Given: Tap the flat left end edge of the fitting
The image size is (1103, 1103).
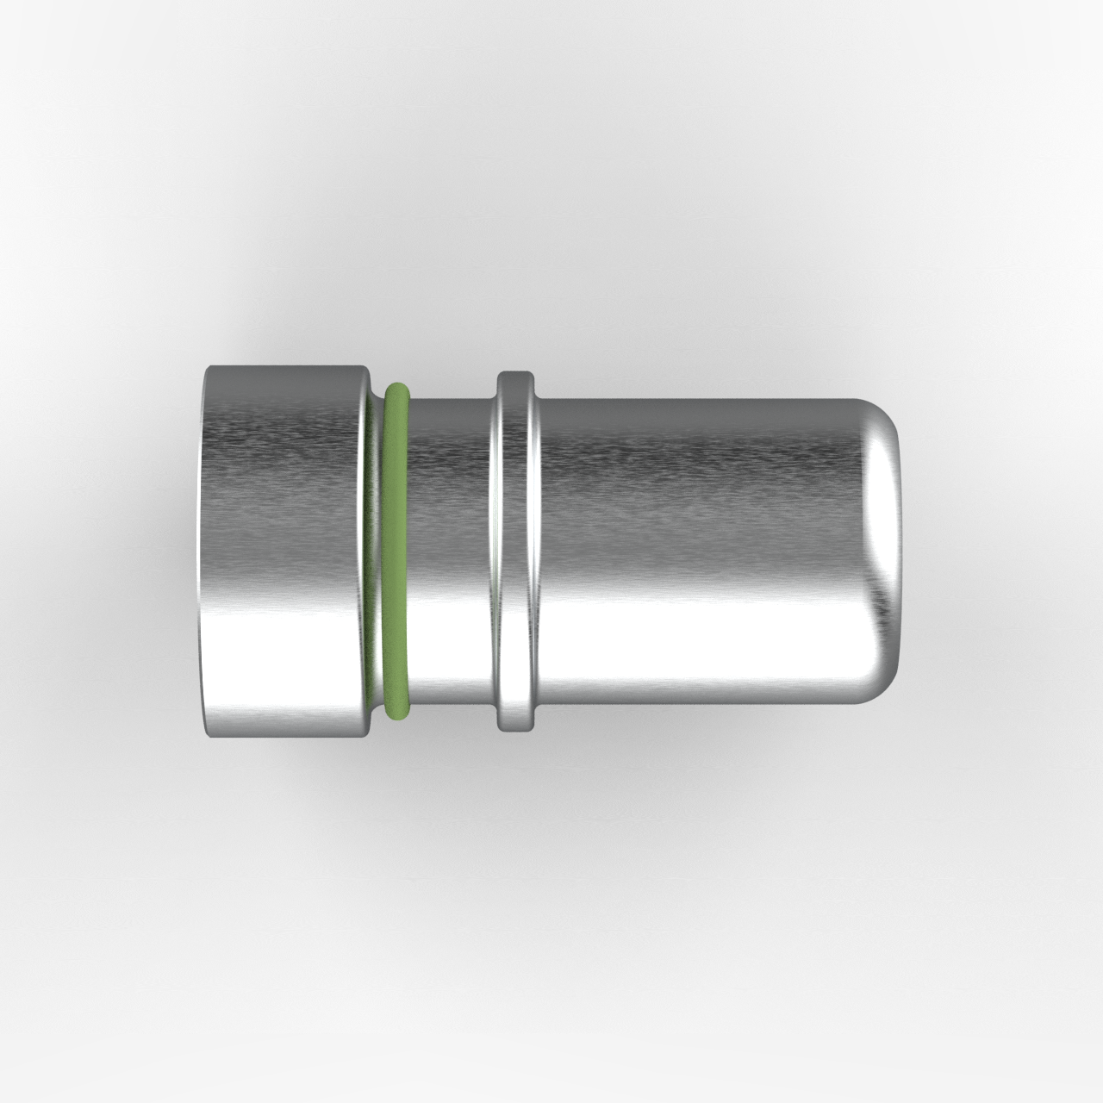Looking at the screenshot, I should click(205, 551).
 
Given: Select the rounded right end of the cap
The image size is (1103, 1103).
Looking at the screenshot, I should click(888, 551).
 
